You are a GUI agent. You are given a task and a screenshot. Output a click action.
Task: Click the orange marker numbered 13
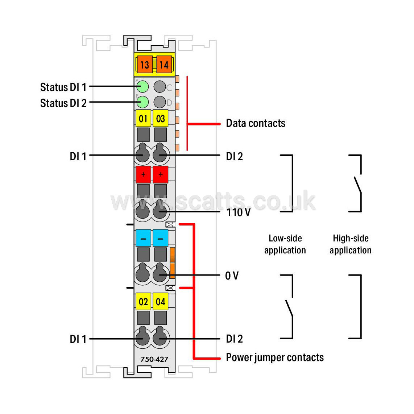pos(145,65)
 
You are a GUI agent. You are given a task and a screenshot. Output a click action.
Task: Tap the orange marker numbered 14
pos(164,65)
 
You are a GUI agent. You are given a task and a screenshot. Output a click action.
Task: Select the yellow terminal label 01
pos(143,118)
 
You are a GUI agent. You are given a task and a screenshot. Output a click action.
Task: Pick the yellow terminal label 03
pos(161,118)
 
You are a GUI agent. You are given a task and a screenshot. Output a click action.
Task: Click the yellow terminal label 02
pos(143,301)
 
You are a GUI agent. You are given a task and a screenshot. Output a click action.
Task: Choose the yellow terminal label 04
pos(161,301)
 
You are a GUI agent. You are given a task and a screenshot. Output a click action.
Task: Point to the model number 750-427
pos(154,359)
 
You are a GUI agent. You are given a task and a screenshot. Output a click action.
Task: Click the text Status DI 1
pos(63,87)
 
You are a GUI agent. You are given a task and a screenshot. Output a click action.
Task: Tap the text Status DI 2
pos(63,103)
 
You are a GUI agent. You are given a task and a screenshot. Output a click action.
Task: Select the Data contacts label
pos(256,123)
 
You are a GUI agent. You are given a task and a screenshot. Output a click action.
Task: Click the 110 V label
pos(239,212)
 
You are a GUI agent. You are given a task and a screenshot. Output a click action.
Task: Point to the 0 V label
pos(232,276)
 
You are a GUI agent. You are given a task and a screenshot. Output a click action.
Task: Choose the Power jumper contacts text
pos(275,357)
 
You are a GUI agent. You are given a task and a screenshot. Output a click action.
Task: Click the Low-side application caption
pos(285,244)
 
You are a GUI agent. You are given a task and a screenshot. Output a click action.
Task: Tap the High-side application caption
pos(351,244)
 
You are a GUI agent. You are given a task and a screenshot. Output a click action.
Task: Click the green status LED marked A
pos(142,87)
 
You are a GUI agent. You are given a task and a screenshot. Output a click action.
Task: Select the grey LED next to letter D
pos(160,102)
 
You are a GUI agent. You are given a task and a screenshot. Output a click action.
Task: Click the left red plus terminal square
pos(143,174)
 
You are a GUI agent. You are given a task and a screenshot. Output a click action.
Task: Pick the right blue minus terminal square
pos(161,238)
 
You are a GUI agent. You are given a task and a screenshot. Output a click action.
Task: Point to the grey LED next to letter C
pos(160,87)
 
